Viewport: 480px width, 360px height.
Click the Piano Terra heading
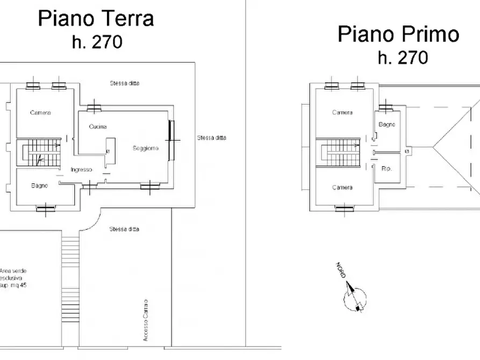coord(96,18)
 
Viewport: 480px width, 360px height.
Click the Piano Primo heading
coord(399,34)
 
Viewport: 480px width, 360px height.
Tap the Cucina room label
coord(98,126)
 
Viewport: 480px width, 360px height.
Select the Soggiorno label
coord(146,148)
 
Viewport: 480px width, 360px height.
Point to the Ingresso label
coord(81,170)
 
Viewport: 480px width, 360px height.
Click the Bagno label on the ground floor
coord(39,185)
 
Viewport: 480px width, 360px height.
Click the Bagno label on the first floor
coord(387,124)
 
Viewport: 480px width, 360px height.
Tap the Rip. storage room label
coord(386,168)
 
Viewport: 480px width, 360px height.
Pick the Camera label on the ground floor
coord(40,113)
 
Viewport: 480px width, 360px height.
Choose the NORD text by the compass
coord(341,270)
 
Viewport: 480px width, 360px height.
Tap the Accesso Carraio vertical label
coord(146,320)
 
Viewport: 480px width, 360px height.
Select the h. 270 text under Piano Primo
coord(403,57)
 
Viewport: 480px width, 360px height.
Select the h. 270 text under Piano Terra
coord(97,42)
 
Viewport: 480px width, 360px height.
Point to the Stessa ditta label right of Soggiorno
coord(212,138)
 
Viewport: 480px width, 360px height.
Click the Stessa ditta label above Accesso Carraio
coord(124,229)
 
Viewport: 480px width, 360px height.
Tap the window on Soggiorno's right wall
coord(171,140)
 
